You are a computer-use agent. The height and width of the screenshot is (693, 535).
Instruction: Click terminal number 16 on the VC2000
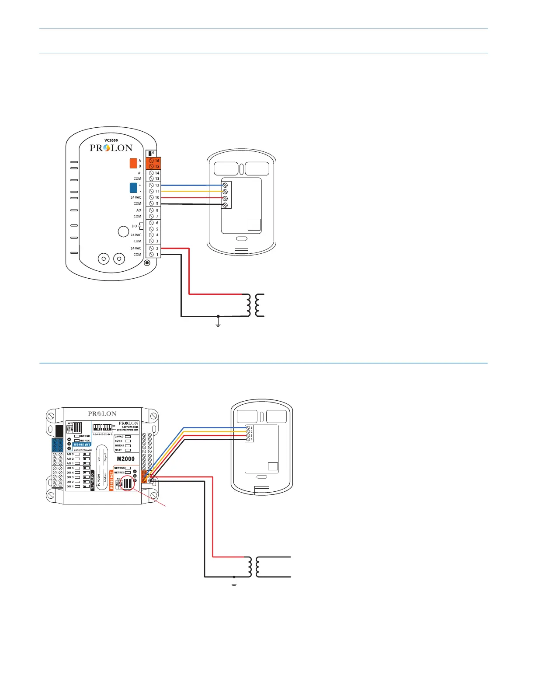pos(157,161)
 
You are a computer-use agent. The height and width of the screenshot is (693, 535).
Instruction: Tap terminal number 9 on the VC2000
pos(157,203)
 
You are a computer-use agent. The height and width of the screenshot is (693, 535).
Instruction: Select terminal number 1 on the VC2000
pos(157,254)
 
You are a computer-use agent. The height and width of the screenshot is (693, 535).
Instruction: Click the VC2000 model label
pos(111,140)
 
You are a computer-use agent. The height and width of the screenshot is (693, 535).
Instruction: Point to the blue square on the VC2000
pos(133,188)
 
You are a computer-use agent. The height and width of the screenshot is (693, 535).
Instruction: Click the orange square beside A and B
pos(133,163)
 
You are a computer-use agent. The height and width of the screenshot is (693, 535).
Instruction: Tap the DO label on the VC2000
pos(135,226)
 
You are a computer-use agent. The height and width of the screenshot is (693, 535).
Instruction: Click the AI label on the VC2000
pos(139,173)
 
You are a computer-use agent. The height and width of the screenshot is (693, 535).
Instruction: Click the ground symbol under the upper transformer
pos(218,324)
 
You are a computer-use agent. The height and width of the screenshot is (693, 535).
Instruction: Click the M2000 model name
pos(125,459)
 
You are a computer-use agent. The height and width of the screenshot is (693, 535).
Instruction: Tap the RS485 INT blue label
pos(82,444)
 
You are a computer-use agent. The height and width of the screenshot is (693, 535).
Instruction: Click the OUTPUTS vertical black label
pos(92,480)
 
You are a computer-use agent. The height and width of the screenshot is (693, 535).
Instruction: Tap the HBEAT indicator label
pos(119,446)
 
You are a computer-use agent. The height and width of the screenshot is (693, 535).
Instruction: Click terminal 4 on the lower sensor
pos(251,439)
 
